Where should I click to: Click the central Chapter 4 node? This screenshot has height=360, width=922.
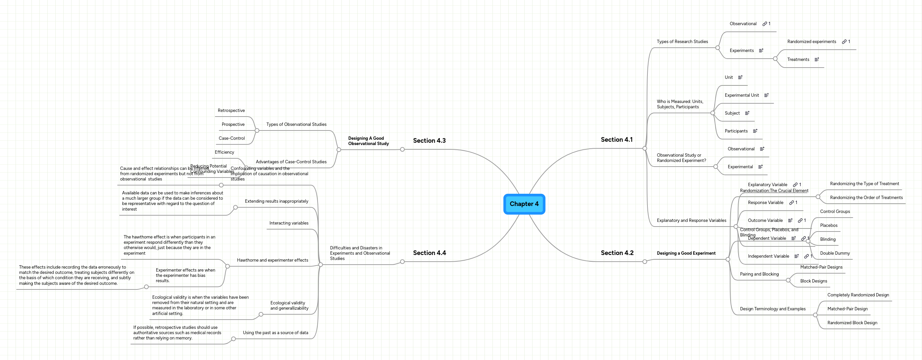(x=524, y=204)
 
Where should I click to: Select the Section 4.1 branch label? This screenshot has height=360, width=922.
(x=616, y=139)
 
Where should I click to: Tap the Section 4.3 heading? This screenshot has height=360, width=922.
(x=429, y=141)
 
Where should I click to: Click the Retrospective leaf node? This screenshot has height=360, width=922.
(x=231, y=111)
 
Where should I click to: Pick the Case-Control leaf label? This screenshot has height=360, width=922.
(x=231, y=138)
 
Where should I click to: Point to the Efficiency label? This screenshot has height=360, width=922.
(x=224, y=152)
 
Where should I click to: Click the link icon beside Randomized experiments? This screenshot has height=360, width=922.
(x=844, y=42)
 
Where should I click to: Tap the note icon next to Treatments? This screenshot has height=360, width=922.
(x=816, y=60)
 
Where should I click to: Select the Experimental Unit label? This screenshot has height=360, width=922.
(x=742, y=95)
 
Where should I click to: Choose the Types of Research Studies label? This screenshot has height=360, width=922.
(x=682, y=42)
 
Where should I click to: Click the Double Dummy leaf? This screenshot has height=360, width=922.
(x=835, y=253)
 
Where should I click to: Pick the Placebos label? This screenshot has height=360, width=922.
(x=829, y=226)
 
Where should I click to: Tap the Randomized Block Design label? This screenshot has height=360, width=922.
(x=852, y=323)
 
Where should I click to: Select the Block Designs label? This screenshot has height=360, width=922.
(x=814, y=281)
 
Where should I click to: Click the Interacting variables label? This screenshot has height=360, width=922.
(x=288, y=223)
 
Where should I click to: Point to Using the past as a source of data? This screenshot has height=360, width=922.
(x=275, y=333)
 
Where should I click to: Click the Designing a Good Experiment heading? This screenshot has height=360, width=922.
(x=686, y=253)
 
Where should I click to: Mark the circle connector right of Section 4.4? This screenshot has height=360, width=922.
(x=402, y=262)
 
